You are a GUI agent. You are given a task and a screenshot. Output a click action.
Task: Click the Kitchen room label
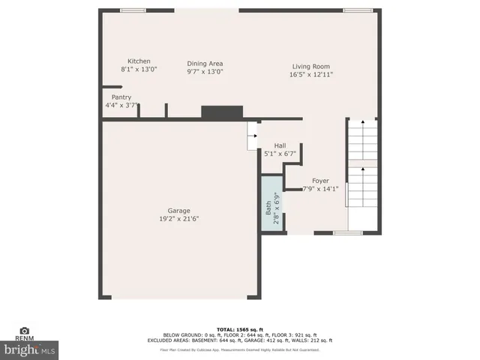[139, 61]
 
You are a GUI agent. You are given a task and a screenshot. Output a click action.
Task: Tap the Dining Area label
[205, 64]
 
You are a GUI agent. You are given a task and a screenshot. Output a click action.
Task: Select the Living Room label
[311, 66]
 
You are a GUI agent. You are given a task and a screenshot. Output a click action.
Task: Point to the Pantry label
[121, 97]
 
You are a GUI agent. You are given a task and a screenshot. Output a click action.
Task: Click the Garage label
[178, 211]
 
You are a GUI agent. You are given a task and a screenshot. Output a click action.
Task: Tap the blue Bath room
[271, 205]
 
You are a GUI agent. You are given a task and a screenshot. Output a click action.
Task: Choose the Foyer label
[320, 181]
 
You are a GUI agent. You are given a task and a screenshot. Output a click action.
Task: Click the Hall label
[280, 145]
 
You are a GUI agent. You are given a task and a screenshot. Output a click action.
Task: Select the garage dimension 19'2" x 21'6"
[178, 219]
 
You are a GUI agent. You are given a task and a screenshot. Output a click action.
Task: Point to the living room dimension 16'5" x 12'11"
[311, 74]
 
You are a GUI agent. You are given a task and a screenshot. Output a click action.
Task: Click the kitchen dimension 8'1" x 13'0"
[139, 69]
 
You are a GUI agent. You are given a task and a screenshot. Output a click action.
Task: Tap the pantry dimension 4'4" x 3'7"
[121, 106]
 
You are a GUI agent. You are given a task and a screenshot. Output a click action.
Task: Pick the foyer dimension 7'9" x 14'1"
[320, 189]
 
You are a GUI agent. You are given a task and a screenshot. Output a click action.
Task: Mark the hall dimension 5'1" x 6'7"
[280, 154]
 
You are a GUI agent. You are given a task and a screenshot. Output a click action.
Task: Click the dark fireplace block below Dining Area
[222, 112]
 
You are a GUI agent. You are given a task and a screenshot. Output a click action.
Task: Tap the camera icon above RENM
[25, 331]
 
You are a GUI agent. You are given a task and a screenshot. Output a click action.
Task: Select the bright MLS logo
[30, 349]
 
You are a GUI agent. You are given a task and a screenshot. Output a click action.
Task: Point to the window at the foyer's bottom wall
[347, 233]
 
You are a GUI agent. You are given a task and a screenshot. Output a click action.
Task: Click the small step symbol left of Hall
[252, 136]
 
